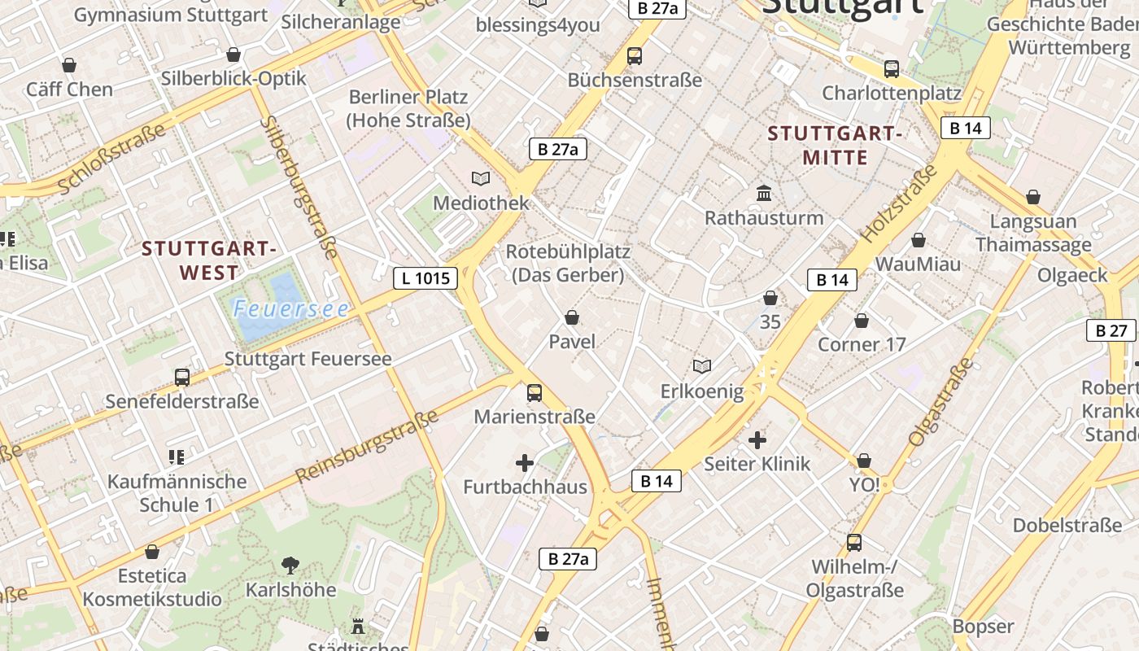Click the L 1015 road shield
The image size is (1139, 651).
point(425,278)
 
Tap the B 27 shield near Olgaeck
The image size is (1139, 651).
point(1111,330)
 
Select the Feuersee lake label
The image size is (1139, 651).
point(290,309)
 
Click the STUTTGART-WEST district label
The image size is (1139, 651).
point(209,260)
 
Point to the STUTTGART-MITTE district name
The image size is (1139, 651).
point(835,145)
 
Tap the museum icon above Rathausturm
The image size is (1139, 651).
point(764,194)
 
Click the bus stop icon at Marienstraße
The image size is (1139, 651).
point(535,393)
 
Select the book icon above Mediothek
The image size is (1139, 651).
point(481,178)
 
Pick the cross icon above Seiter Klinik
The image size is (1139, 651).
point(757,440)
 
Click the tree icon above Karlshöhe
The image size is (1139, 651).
point(290,565)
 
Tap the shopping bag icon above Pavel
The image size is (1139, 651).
point(572,317)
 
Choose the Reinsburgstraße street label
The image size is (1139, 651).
point(367,446)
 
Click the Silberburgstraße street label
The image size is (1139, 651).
point(299,187)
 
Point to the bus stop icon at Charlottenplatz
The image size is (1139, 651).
point(892,69)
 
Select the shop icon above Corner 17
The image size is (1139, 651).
point(862,321)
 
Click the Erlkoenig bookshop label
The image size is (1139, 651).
point(701,392)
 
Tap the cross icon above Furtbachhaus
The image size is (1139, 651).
point(525,464)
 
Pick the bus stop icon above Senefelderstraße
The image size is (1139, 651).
point(182,378)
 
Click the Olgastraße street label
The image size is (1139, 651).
point(940,402)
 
